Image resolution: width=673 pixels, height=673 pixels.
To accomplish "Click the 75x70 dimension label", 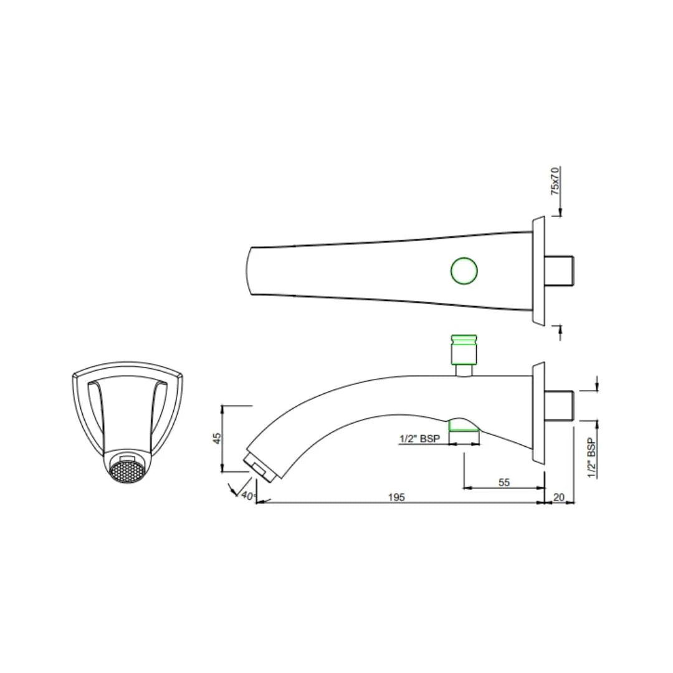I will point(555,181).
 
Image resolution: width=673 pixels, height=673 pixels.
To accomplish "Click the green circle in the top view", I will point(464,270).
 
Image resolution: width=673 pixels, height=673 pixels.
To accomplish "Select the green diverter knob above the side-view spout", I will point(464,349).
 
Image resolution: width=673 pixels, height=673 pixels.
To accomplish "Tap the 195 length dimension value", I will point(396,497).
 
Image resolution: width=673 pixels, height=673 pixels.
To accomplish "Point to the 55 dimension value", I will point(505,482).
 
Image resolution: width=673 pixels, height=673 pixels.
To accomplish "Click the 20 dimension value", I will point(559,497).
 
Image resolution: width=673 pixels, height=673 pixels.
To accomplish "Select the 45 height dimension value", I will point(217,438).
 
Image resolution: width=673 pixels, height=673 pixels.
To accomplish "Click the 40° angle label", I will point(248,497).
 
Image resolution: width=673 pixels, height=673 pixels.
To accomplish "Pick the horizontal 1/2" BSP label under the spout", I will point(419,439).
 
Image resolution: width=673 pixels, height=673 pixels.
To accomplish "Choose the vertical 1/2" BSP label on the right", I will point(591,458).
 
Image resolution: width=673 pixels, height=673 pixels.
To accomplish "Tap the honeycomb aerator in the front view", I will point(128,470).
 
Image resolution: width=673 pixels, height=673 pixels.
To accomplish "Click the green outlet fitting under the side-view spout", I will point(464,426).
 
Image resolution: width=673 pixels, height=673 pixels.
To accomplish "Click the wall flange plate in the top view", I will point(538,270).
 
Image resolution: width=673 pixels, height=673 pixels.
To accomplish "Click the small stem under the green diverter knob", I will point(464,370).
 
